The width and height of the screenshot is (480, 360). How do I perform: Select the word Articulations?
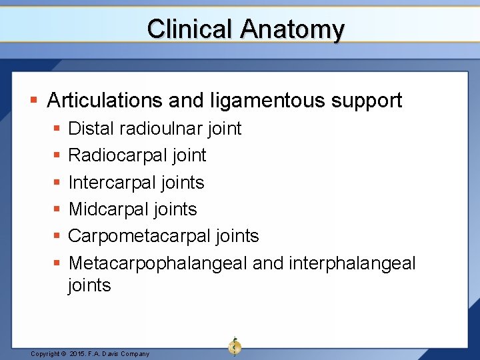pyautogui.click(x=105, y=100)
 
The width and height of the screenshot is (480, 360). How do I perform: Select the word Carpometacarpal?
pyautogui.click(x=134, y=236)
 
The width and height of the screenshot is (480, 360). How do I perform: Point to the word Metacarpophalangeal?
pyautogui.click(x=158, y=263)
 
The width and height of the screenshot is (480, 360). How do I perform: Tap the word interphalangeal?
pyautogui.click(x=352, y=263)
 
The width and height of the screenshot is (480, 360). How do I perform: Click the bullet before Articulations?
pyautogui.click(x=34, y=101)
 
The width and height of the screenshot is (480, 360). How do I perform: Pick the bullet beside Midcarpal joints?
pyautogui.click(x=57, y=209)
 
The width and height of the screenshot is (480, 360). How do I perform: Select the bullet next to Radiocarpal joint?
pyautogui.click(x=57, y=155)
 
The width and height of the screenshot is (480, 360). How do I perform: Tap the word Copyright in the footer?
pyautogui.click(x=46, y=354)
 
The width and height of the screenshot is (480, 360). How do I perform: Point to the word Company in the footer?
pyautogui.click(x=135, y=354)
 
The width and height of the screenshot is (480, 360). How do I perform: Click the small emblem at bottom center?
pyautogui.click(x=235, y=346)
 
